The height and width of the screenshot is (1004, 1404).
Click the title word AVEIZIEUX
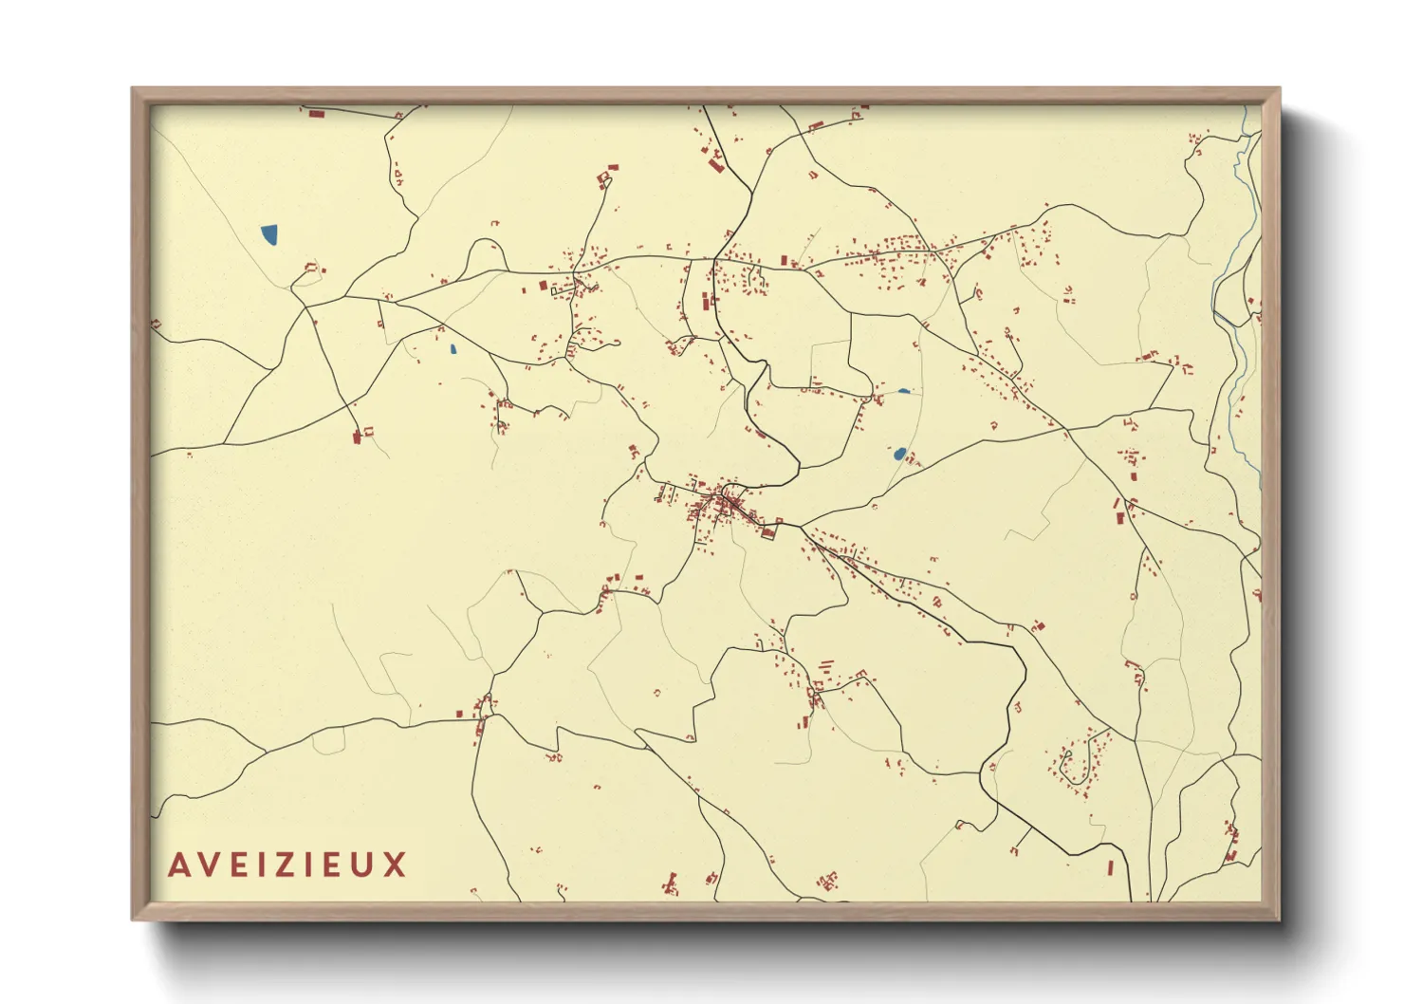coord(287,865)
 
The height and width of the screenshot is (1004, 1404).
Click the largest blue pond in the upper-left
coord(269,233)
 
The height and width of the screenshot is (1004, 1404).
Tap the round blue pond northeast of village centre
coord(899,454)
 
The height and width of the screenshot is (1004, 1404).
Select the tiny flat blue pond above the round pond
coord(903,391)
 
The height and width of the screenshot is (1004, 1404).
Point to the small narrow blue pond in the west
coord(453,348)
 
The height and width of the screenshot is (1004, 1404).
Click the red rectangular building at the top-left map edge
coord(316,114)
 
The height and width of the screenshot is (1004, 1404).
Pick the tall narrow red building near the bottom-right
coord(1110,867)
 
